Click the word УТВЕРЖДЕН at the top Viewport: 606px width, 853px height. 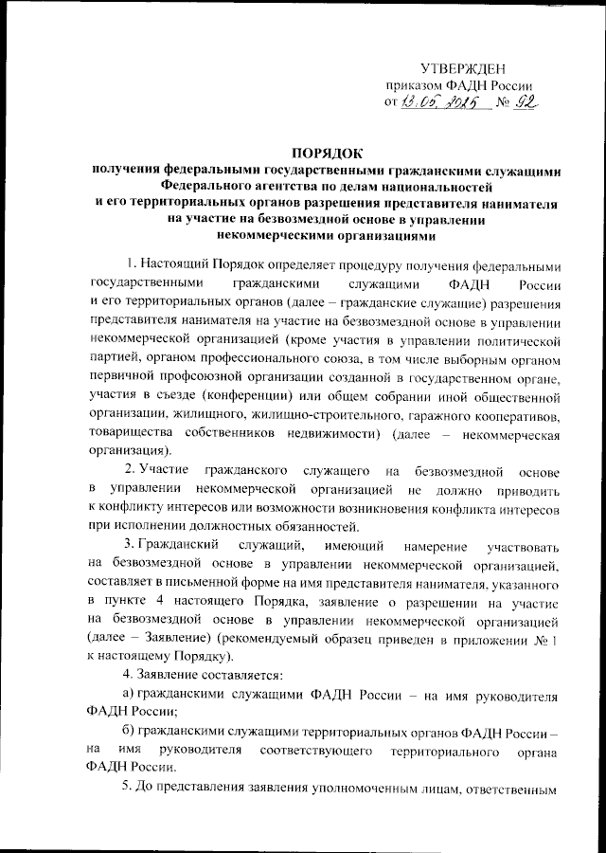pyautogui.click(x=464, y=70)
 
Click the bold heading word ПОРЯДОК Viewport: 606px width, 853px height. pyautogui.click(x=328, y=154)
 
